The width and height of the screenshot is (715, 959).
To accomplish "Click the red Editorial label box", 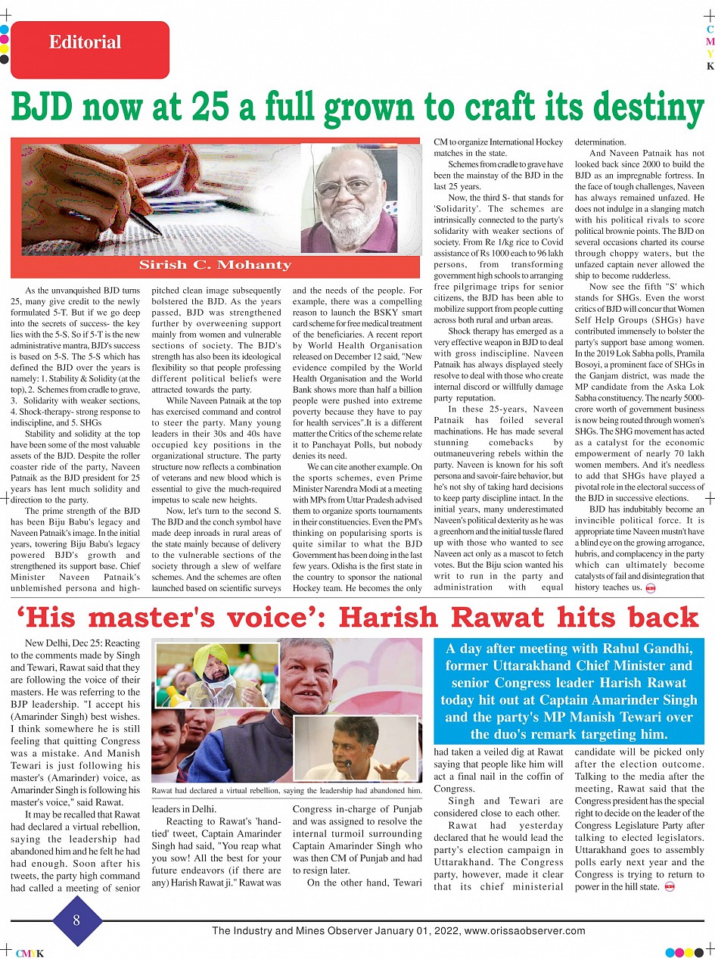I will pos(90,49).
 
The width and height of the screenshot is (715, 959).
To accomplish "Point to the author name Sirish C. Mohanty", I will pos(216,265).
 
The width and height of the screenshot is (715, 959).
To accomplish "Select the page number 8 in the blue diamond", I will pos(76,920).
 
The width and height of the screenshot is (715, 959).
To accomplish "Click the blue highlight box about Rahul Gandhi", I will pos(569,691).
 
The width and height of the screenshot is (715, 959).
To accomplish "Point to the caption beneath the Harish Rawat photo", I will pos(287,791).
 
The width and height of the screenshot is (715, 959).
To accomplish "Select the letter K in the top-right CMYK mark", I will pos(710,67).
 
